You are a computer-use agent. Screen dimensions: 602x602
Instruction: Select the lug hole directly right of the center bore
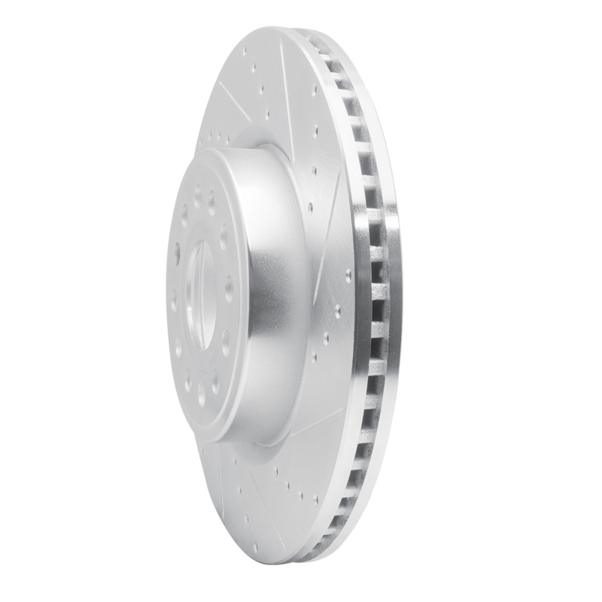228,287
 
